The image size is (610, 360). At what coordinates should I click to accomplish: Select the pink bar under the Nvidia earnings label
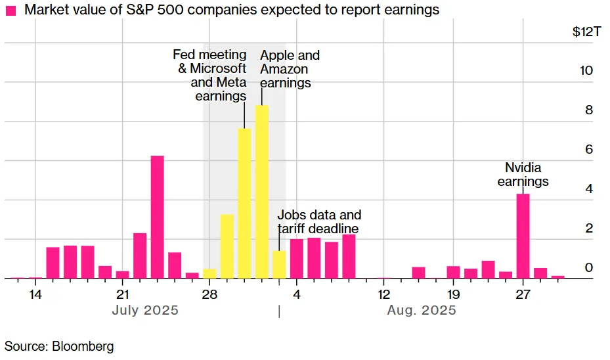[523, 236]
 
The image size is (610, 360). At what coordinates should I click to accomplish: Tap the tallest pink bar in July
[157, 217]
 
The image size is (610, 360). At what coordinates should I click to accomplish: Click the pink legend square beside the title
[10, 11]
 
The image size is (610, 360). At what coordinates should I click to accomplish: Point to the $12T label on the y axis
[582, 31]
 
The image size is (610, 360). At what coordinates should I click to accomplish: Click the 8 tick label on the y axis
[589, 110]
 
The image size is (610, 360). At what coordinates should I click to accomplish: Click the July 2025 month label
[146, 310]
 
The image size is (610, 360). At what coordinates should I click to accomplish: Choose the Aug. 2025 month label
[421, 310]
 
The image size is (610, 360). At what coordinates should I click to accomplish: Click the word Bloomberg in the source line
[83, 346]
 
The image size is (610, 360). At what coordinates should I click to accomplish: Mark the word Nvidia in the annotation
[523, 168]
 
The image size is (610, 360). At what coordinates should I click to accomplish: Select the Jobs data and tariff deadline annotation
[318, 222]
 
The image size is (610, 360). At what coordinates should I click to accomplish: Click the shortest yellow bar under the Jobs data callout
[279, 265]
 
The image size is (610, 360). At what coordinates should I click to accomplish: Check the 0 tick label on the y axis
[589, 267]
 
